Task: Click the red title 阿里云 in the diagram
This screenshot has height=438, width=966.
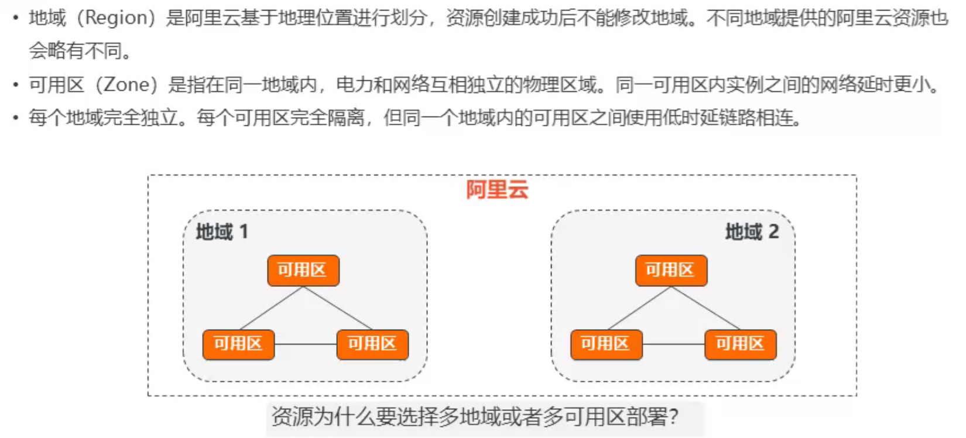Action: click(497, 190)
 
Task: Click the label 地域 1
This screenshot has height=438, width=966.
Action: click(222, 232)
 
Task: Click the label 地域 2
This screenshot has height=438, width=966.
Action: click(752, 232)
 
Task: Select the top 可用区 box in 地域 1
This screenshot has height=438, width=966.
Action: click(303, 270)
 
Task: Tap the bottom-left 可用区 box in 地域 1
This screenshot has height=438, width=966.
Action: click(238, 344)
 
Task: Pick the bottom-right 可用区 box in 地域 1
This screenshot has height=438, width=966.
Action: click(372, 344)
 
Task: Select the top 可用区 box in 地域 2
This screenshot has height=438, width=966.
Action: click(671, 270)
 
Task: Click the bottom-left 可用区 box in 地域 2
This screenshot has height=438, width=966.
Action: click(606, 344)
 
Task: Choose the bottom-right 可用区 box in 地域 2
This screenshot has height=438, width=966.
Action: click(740, 344)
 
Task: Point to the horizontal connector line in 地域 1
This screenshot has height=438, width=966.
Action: click(305, 344)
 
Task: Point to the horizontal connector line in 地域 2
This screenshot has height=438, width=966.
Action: click(673, 344)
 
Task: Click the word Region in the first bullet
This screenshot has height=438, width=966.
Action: click(117, 18)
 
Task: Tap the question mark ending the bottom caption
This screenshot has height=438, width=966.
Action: click(674, 417)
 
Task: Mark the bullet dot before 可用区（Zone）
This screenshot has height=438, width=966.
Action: click(16, 85)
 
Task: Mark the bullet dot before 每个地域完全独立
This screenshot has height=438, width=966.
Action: click(16, 118)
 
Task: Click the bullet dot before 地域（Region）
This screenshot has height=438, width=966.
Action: click(16, 19)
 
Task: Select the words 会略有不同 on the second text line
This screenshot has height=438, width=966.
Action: click(76, 52)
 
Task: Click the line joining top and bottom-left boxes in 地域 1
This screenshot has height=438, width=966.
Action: click(271, 308)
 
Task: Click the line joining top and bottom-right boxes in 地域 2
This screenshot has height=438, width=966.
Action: click(705, 308)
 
